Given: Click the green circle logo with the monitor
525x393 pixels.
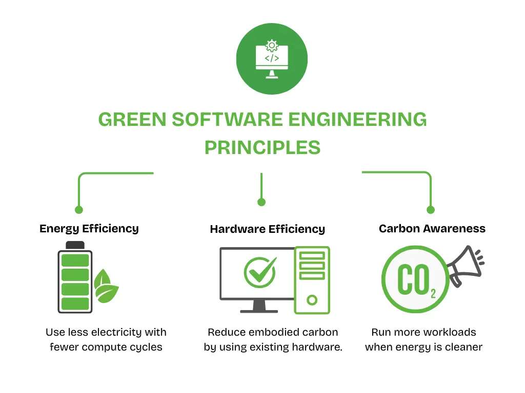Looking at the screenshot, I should tap(272, 59).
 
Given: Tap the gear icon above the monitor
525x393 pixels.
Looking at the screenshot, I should tap(272, 45).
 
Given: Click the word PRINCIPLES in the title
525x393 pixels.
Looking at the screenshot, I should tap(262, 147).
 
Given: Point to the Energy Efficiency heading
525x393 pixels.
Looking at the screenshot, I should tap(89, 228).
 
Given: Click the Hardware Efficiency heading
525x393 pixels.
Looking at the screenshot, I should tap(267, 229).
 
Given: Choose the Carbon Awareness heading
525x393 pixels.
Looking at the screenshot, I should tap(432, 228).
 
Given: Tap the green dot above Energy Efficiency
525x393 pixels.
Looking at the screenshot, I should tap(78, 209).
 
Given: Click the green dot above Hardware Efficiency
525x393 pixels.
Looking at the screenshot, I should tap(261, 202).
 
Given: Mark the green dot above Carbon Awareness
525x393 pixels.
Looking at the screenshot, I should tap(431, 209).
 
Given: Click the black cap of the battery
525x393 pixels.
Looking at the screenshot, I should tap(75, 245).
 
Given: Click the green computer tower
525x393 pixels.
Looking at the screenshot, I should tap(312, 280).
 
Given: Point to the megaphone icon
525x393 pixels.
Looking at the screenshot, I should tap(465, 266).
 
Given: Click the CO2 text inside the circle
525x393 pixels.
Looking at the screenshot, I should tap(416, 280).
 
